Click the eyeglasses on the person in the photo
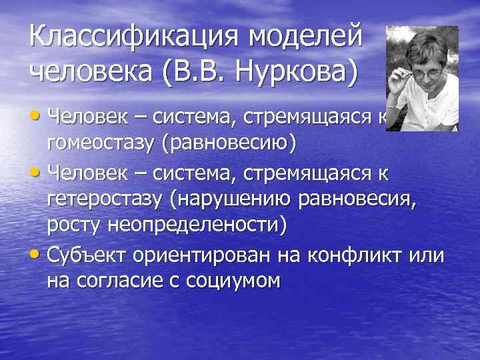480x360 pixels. click(x=420, y=69)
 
